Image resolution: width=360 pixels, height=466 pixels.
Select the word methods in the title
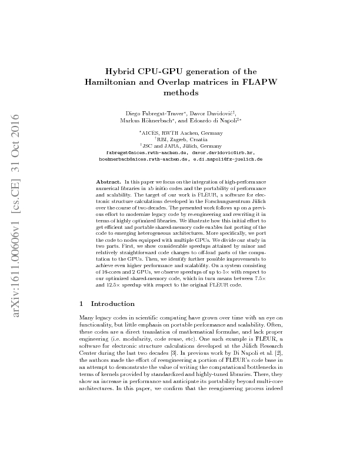click(x=181, y=92)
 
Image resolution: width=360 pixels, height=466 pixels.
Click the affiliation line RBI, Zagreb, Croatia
click(x=181, y=139)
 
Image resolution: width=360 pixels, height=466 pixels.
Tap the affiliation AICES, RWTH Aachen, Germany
click(x=181, y=133)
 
